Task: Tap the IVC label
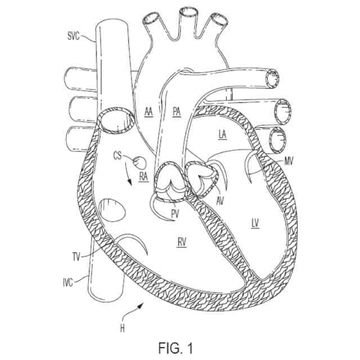click(x=67, y=282)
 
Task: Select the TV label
click(x=76, y=256)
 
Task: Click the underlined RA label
click(x=143, y=176)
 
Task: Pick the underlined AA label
click(x=148, y=111)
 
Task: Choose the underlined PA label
click(x=177, y=111)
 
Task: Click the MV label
click(x=289, y=162)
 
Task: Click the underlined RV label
click(x=182, y=242)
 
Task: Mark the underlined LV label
click(x=255, y=223)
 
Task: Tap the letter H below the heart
click(x=122, y=328)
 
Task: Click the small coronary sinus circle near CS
click(x=139, y=162)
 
